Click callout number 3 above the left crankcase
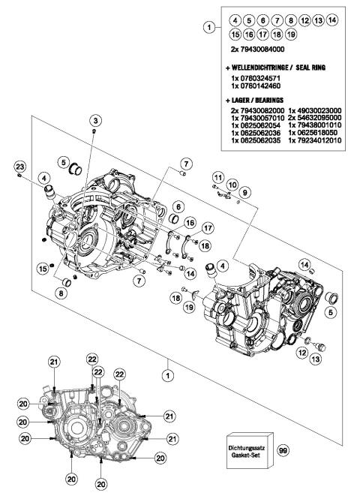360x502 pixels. point(95,121)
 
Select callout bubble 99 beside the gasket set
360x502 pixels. point(283,449)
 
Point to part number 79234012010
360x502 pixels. point(315,140)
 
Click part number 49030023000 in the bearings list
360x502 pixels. point(315,110)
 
